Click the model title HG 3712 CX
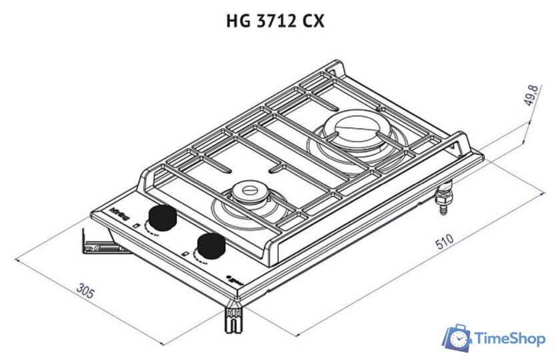coord(276,21)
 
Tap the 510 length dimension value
coord(444,242)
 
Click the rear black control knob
coord(162,217)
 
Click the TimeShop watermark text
coord(509,340)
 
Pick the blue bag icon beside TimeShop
coord(457,338)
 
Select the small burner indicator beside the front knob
coord(184,253)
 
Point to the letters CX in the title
coord(313,21)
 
